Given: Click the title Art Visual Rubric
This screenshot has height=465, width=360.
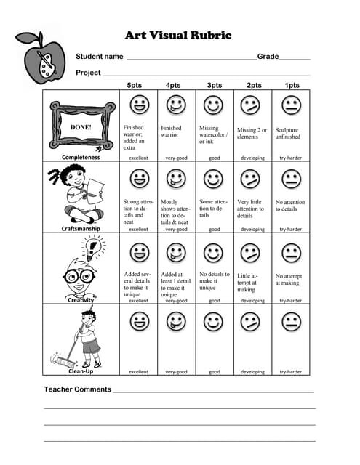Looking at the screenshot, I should tap(178, 35).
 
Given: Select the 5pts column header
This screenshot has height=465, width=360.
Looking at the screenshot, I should tap(135, 85).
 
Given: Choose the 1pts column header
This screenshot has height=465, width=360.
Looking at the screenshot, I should tap(292, 85).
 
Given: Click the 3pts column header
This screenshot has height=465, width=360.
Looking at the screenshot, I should tap(214, 85).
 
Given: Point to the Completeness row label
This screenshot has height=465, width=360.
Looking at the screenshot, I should tap(81, 157).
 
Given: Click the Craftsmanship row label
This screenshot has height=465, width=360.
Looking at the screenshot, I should tap(81, 229).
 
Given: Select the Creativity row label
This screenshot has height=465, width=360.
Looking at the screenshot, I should tap(81, 299).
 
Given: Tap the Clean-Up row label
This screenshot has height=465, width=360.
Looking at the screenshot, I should tap(81, 371).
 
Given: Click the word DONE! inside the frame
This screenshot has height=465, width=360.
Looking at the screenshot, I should tap(80, 126).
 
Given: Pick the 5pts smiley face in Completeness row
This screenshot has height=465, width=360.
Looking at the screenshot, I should tap(138, 106).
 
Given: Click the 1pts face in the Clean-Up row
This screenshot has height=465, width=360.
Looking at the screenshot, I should tap(291, 321).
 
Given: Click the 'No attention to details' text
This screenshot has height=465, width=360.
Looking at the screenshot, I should tap(290, 206).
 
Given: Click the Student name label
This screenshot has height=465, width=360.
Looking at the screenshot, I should tap(100, 57).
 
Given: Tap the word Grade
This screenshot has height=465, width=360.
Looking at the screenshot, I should tap(268, 57).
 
